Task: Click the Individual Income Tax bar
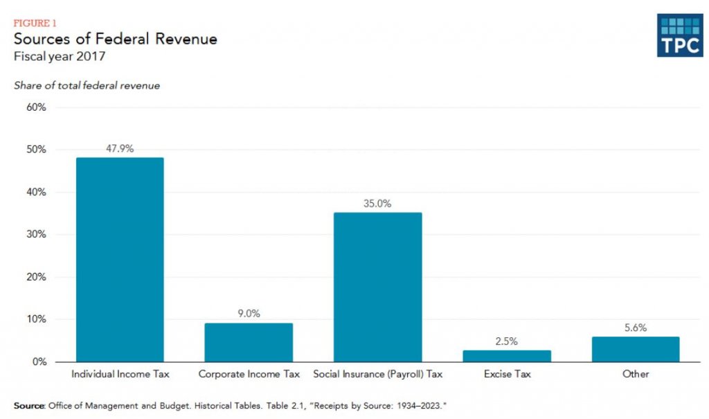(120, 260)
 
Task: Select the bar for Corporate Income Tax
(249, 342)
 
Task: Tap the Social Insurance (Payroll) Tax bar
(377, 287)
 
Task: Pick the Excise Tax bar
(507, 356)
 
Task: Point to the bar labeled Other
(636, 349)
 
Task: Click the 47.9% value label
(120, 149)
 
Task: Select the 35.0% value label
(377, 204)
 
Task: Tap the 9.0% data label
(249, 314)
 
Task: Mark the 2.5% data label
(507, 341)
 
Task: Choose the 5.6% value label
(636, 328)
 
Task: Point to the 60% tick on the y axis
(36, 107)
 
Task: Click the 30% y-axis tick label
(36, 235)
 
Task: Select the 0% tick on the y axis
(39, 362)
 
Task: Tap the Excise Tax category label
(507, 374)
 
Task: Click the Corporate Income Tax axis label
(249, 374)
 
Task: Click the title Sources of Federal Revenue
(115, 39)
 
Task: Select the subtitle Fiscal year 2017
(60, 57)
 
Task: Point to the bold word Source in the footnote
(30, 404)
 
